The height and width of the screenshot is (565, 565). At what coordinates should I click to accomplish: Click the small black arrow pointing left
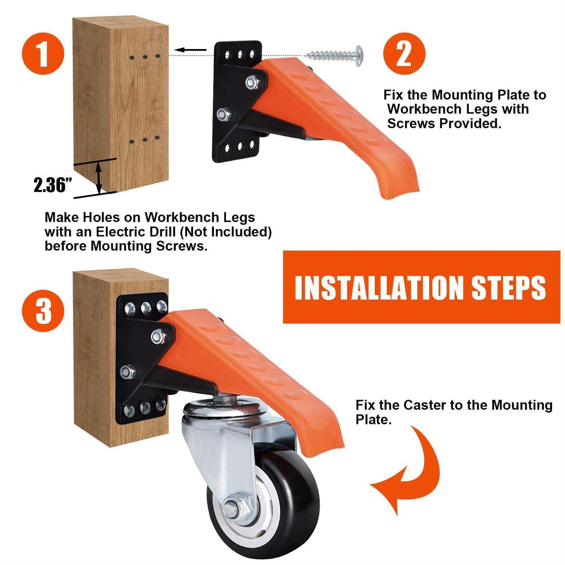click(191, 50)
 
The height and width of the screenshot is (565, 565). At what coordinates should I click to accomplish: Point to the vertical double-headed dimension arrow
click(99, 177)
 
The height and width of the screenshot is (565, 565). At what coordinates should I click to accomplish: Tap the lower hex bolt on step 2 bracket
click(224, 113)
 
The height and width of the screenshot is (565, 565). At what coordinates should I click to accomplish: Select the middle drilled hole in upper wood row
click(145, 57)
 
